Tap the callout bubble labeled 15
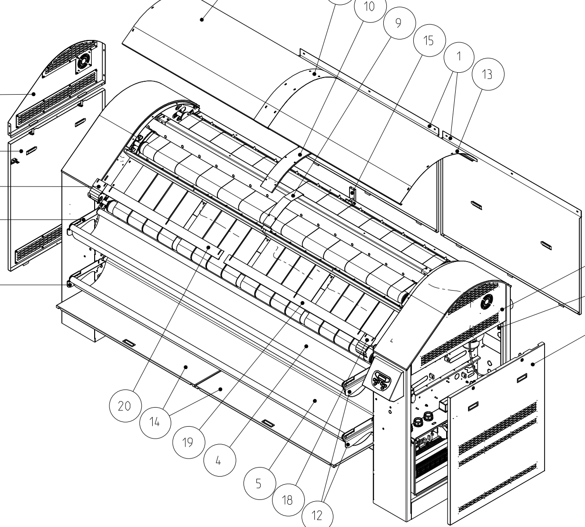point(429,40)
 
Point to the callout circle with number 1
point(459,56)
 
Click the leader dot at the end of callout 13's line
point(457,151)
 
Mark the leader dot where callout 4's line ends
point(307,346)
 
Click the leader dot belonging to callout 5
point(314,401)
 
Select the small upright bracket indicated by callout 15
point(352,194)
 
